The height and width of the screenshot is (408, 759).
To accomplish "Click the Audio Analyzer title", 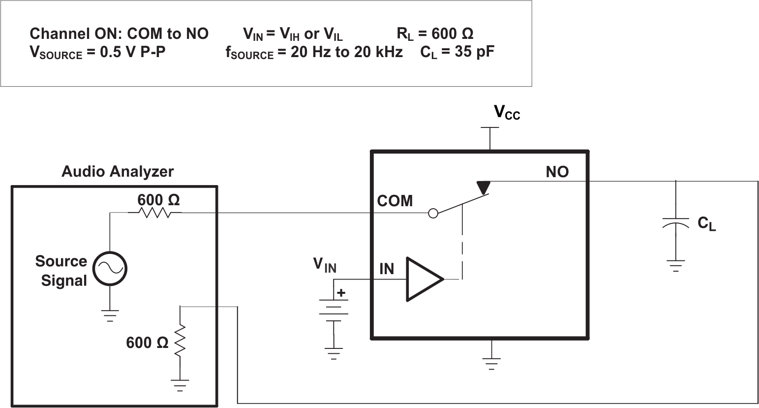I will [117, 172].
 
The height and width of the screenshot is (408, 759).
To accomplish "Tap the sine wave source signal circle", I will [110, 268].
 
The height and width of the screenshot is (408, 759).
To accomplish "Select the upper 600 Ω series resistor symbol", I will [154, 213].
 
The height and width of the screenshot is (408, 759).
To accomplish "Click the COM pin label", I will [395, 201].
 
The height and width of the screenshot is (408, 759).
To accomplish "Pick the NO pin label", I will [557, 172].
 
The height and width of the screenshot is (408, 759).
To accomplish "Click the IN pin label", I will [387, 269].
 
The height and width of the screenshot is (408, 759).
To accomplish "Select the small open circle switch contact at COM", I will [433, 213].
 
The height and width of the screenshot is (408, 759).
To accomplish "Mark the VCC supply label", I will [507, 113].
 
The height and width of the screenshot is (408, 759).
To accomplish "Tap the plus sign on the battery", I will [341, 293].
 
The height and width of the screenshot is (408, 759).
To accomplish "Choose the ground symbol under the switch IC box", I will [490, 363].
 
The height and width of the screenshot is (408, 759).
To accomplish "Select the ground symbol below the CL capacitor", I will [676, 266].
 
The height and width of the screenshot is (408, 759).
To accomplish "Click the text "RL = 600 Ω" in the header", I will [435, 34].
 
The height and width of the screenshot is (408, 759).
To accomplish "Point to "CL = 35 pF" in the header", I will [457, 52].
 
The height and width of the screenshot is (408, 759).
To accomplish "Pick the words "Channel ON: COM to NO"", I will [119, 34].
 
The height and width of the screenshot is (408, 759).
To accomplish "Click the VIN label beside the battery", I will [325, 265].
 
